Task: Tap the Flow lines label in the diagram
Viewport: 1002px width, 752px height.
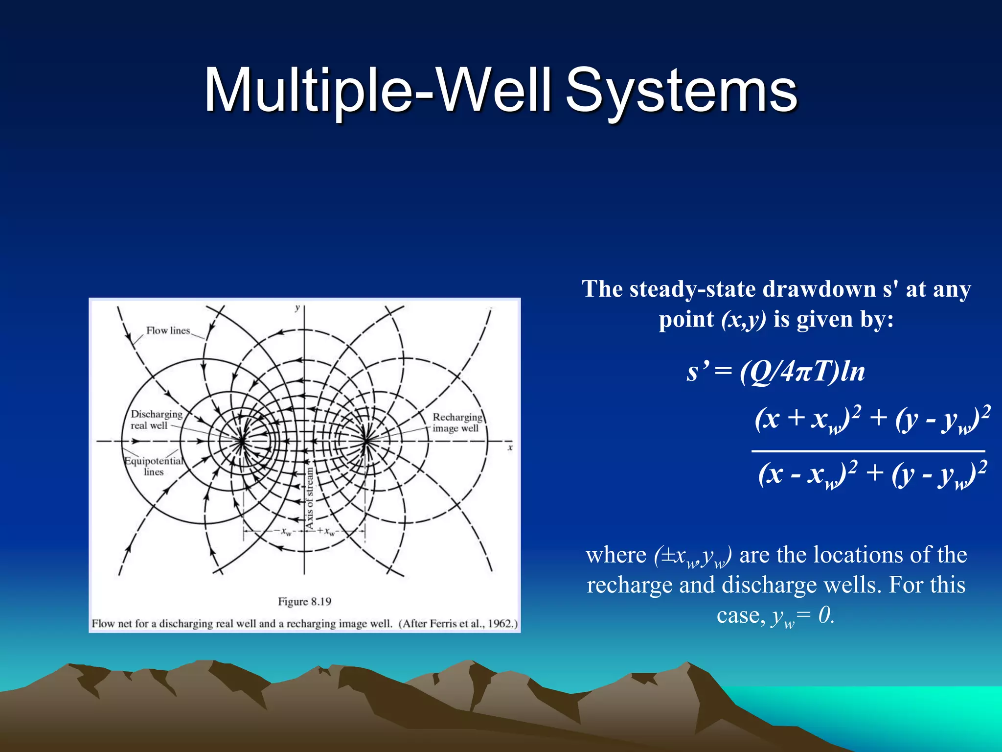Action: click(168, 330)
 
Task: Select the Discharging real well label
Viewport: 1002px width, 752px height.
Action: click(156, 420)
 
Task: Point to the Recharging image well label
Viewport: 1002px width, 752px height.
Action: click(457, 423)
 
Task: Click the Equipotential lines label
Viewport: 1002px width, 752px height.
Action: click(154, 466)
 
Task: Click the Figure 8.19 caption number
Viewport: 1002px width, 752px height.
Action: click(304, 601)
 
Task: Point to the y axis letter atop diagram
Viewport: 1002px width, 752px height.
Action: click(297, 308)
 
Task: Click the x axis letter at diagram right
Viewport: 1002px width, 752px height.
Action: click(510, 447)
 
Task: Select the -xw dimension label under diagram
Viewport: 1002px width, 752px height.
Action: click(285, 531)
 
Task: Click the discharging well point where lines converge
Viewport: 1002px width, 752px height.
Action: click(242, 441)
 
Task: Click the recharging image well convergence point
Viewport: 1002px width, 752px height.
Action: click(366, 441)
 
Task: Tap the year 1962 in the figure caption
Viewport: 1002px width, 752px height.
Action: click(500, 623)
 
